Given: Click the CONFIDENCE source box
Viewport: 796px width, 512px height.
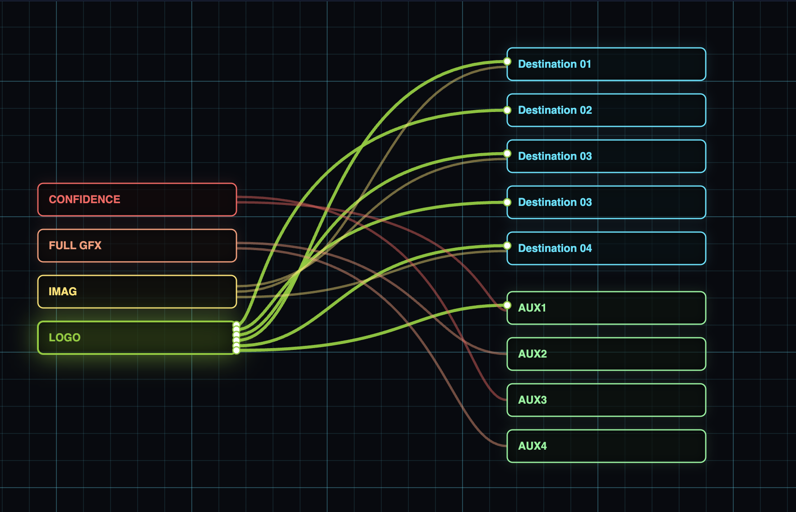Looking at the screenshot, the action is (x=137, y=200).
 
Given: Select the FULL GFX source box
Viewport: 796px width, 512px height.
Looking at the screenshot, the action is (x=137, y=246).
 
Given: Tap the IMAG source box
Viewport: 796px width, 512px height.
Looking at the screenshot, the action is (x=137, y=292).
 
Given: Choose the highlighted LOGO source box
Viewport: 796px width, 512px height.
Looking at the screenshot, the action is (x=137, y=338).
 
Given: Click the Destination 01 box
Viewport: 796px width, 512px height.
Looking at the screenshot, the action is (x=606, y=64).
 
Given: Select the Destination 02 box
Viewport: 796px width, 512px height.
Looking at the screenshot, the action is (x=606, y=110).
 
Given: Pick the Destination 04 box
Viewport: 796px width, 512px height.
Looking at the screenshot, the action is (x=606, y=248).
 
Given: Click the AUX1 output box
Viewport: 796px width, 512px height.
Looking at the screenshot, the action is (x=606, y=308).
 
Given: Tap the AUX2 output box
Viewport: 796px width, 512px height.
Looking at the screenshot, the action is (x=606, y=354).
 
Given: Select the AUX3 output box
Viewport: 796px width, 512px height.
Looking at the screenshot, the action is (x=606, y=400).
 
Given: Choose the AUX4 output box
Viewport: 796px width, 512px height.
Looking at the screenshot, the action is (x=606, y=446).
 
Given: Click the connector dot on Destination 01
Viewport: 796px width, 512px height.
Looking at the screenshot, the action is (x=507, y=61).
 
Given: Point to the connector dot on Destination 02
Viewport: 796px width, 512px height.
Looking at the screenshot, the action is (x=507, y=110).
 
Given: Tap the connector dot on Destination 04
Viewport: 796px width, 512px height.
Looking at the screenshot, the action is (x=507, y=246).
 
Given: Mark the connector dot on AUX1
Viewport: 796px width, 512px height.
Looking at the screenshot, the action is (x=507, y=305).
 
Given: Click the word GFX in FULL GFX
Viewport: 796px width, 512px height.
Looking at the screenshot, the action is (x=90, y=246).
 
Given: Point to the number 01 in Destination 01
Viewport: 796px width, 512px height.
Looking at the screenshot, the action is (x=586, y=64).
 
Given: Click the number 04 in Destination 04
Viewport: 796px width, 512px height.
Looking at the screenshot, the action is (x=586, y=248).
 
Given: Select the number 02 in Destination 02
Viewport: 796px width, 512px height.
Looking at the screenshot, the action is (x=586, y=110).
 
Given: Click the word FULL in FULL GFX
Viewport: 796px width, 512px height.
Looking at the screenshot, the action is (x=62, y=246).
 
